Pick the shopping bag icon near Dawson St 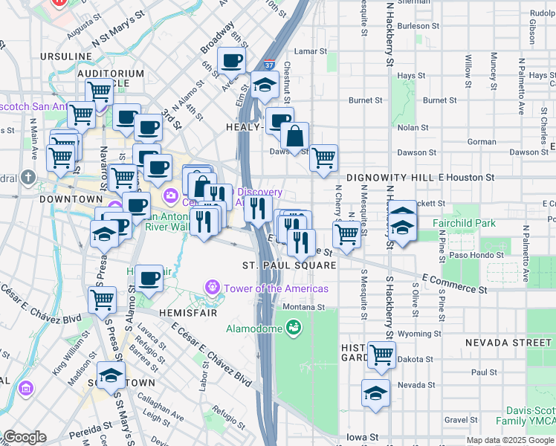[x=295, y=137]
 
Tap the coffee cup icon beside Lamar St [x=231, y=60]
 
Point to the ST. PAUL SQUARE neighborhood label [x=289, y=265]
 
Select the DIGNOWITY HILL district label [x=390, y=178]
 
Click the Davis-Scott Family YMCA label [x=529, y=416]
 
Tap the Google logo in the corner [x=25, y=437]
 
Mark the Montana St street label [x=303, y=306]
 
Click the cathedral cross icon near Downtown [x=28, y=178]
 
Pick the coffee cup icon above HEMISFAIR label [x=149, y=279]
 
